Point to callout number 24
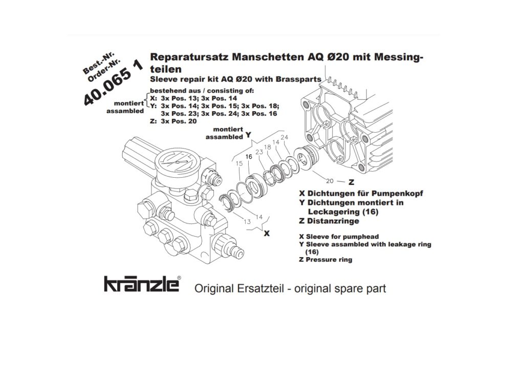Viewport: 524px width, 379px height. tap(285, 137)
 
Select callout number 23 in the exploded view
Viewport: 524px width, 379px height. tap(259, 152)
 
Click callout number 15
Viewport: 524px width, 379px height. tap(239, 163)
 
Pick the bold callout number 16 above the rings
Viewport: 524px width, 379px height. tap(249, 157)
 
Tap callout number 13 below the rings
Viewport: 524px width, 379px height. tap(247, 221)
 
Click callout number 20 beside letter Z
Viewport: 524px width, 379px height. tap(330, 181)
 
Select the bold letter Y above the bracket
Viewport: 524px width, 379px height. tap(248, 135)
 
